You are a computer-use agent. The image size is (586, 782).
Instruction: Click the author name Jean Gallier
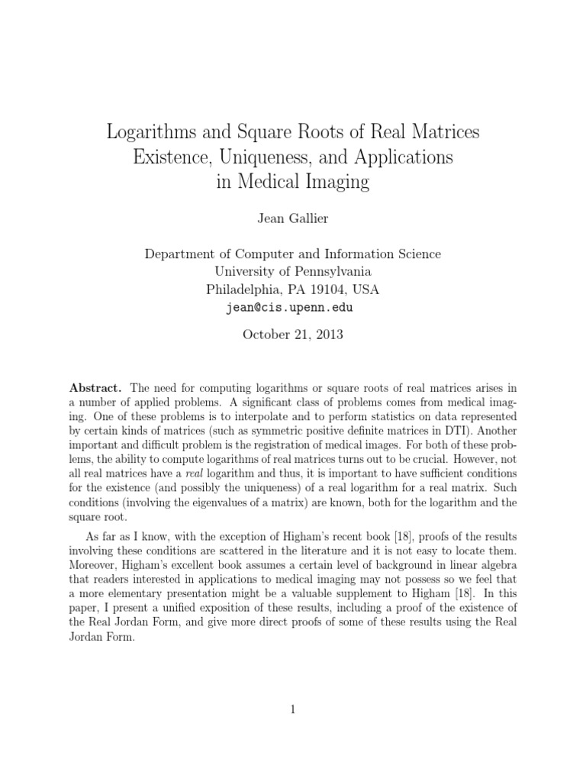[x=292, y=220]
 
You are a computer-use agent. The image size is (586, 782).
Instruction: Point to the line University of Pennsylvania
[x=292, y=271]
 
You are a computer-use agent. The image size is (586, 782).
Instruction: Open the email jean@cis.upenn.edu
[x=292, y=307]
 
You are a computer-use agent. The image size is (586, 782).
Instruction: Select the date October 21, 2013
[x=292, y=334]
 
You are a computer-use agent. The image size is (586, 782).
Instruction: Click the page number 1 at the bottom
[x=292, y=710]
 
